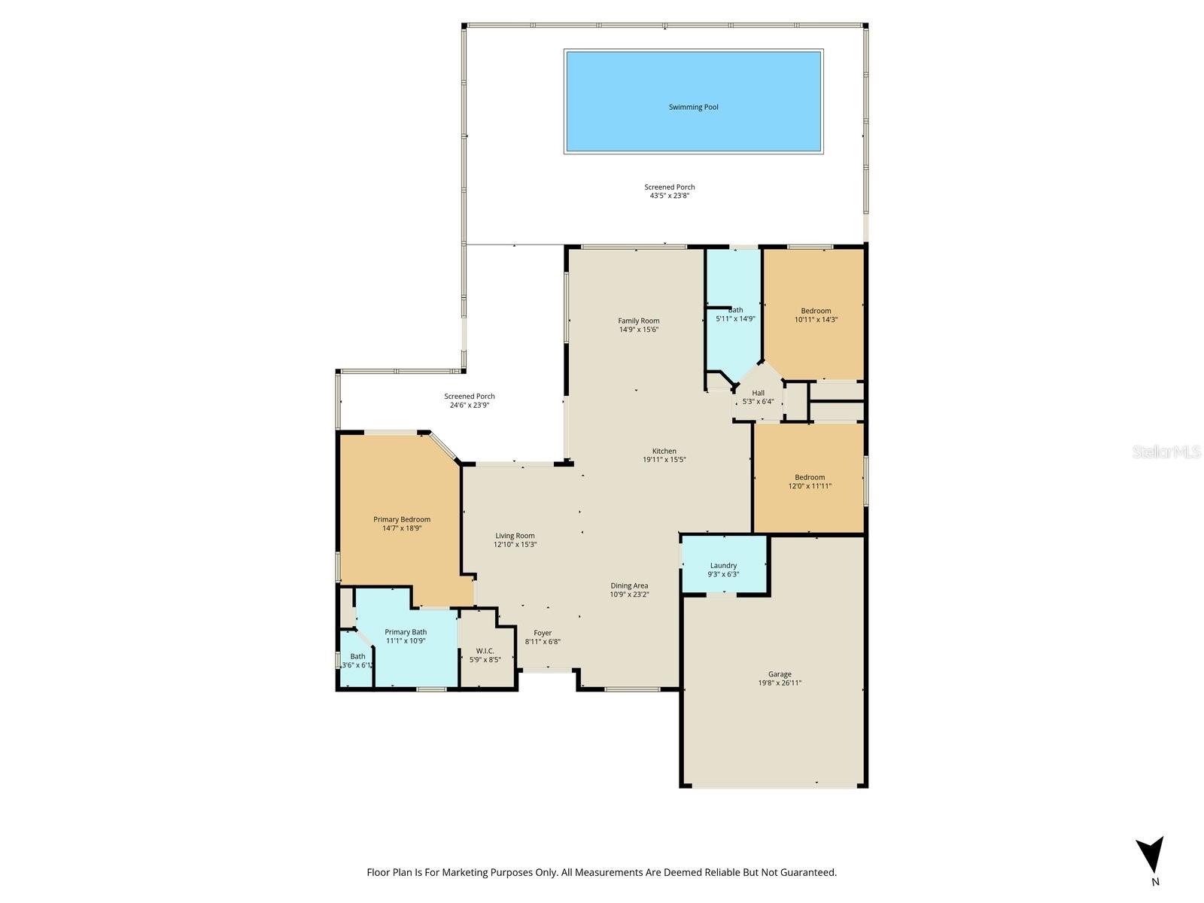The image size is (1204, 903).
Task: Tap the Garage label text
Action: (780, 674)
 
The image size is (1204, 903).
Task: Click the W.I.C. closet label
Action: (485, 651)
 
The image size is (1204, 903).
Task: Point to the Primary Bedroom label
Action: (402, 519)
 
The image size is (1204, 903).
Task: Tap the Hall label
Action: (758, 393)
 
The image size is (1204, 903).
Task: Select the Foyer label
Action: (543, 633)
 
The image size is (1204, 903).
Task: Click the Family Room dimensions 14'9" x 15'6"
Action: (639, 330)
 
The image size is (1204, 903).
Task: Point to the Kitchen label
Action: (664, 451)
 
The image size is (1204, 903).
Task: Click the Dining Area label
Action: (629, 585)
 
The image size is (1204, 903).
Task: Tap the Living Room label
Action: (515, 536)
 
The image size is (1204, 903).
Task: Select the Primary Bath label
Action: (406, 632)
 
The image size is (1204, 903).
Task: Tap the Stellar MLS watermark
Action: (1166, 451)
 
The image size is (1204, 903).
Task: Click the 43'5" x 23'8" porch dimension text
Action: (669, 196)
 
